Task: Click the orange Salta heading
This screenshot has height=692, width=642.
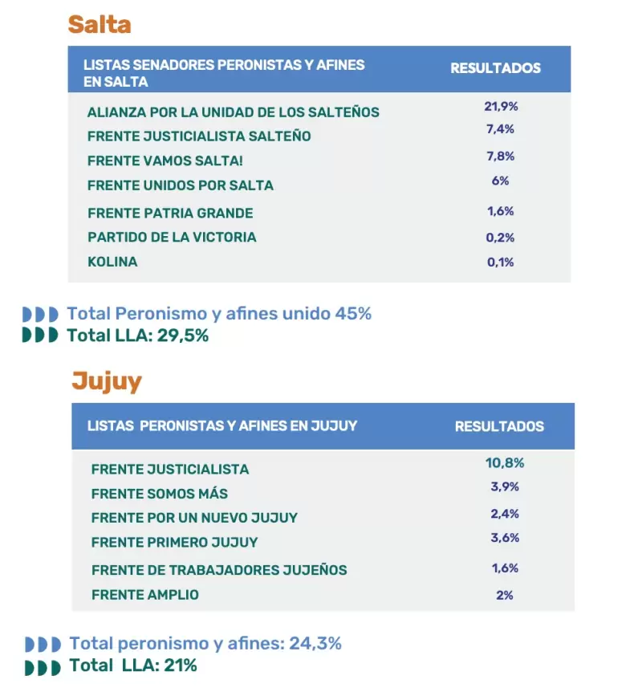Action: coord(100,24)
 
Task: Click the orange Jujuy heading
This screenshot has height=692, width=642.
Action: coord(107,382)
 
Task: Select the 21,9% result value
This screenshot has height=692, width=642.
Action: coord(501,106)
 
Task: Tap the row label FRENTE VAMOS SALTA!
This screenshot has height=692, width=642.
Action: coord(165,161)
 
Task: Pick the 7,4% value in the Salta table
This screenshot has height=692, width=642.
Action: coord(501,129)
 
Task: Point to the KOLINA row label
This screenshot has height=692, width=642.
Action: coord(112,262)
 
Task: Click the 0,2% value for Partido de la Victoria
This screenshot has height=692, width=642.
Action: coord(501,238)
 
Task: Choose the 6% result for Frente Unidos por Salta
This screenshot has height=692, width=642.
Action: coord(501,181)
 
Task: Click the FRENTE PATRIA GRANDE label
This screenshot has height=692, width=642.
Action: coord(170,214)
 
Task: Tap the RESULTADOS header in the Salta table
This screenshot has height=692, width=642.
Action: coord(495,68)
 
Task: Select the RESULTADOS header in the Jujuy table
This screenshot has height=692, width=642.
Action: coord(499,426)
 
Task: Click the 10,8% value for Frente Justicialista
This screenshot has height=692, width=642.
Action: coord(505,463)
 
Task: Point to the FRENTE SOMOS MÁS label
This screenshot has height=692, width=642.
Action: coord(159,494)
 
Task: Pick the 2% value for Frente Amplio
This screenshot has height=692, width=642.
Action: coord(504,595)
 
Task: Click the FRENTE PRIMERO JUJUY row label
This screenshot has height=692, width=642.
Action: coord(174,542)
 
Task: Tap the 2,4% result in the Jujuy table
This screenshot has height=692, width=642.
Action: coord(505,514)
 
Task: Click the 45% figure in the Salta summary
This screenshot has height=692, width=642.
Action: coord(353,314)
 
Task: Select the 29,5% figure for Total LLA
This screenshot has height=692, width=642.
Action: coord(183,336)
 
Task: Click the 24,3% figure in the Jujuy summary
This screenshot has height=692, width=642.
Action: coord(315,644)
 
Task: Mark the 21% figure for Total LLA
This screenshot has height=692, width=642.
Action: coord(181,666)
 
